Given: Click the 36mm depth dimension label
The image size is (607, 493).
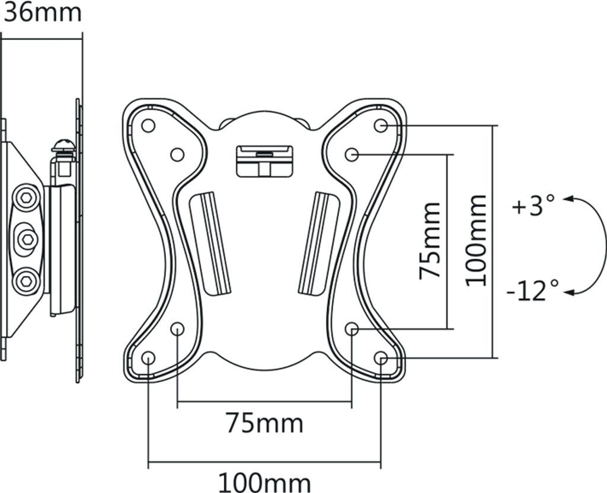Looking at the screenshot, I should (41, 12).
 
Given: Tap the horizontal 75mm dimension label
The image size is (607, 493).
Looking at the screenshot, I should (264, 423).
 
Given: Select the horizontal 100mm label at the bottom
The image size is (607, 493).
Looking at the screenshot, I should (264, 481).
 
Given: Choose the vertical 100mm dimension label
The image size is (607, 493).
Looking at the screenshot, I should (476, 241).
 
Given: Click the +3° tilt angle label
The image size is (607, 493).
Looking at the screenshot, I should (533, 207).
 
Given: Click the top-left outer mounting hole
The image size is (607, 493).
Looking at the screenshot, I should (148, 126).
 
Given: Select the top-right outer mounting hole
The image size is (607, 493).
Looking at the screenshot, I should (381, 126).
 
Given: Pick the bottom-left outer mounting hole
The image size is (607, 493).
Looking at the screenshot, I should (148, 358).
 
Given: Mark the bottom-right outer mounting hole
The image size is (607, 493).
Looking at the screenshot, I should (381, 358).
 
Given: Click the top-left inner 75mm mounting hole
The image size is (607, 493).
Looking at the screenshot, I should (177, 155).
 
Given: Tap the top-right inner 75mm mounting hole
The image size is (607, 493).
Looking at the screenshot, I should (352, 155).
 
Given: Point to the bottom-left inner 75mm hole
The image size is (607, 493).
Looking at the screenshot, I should (177, 328).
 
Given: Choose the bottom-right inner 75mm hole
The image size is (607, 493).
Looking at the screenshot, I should (352, 328).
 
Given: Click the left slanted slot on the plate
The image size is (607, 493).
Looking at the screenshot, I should (211, 242).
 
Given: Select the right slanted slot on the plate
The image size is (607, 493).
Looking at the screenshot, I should (318, 242).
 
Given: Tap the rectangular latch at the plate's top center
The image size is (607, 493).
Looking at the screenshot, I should (264, 161).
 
